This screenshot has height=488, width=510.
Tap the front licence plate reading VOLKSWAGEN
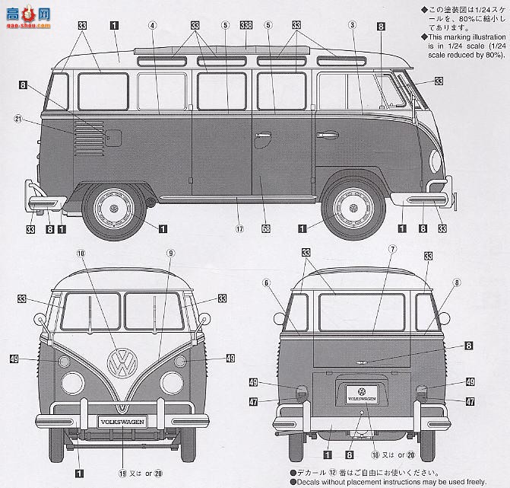121,419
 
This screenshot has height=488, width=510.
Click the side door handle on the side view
264,138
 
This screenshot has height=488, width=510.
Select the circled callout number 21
18,118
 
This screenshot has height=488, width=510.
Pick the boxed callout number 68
265,226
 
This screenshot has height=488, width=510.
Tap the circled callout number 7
392,249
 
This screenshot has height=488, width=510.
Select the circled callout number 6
267,282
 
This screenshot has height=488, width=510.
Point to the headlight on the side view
435,161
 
